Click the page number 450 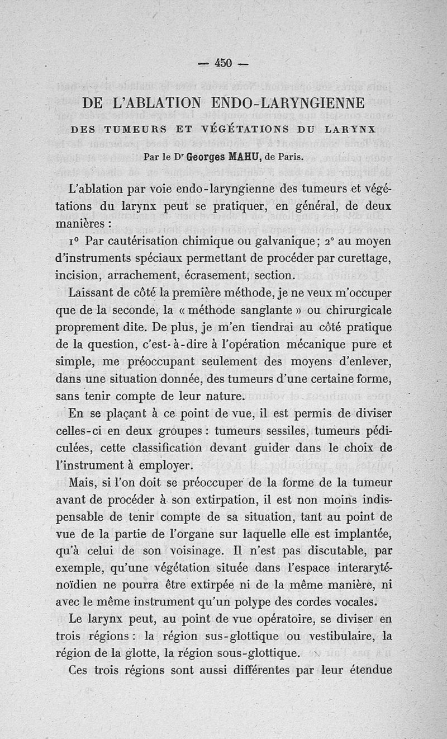tap(223, 63)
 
